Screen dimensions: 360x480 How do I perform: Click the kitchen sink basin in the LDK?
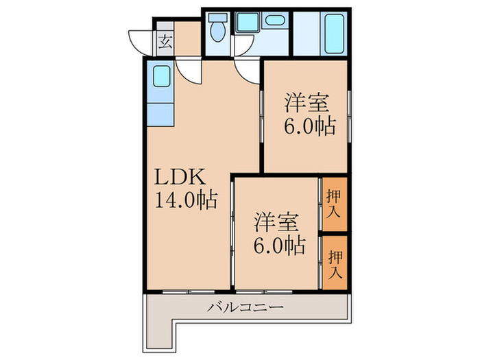click(x=162, y=75)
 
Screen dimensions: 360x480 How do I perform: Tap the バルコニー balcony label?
click(x=245, y=307)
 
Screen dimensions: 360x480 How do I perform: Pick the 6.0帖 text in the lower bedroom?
click(x=277, y=245)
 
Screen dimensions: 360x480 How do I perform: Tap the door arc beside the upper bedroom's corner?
click(x=246, y=69)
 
